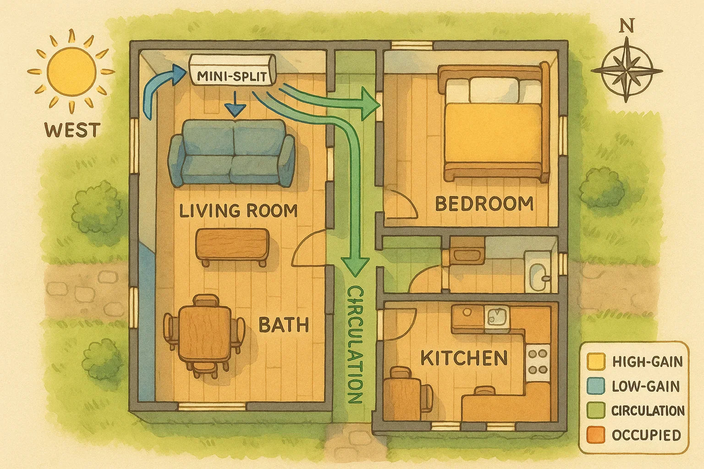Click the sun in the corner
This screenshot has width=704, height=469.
coord(71,71)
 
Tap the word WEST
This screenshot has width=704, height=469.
coord(72,130)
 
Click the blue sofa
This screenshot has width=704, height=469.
coord(232,153)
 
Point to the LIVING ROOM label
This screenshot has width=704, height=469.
coord(238,211)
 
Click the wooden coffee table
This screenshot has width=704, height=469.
coord(232,245)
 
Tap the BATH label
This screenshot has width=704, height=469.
coord(284,325)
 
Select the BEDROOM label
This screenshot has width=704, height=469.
coord(484,203)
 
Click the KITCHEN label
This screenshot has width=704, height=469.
coord(464,358)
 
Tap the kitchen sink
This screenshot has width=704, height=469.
coord(497,316)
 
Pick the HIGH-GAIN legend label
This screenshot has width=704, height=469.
coord(647,361)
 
